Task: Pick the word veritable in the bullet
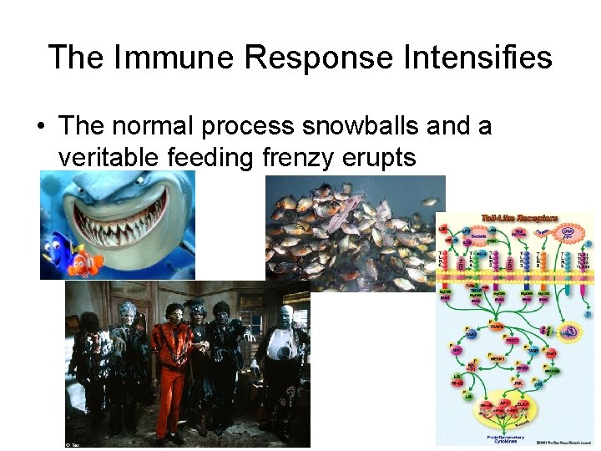(109, 156)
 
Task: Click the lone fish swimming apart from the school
(431, 201)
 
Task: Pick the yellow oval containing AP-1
(507, 408)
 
